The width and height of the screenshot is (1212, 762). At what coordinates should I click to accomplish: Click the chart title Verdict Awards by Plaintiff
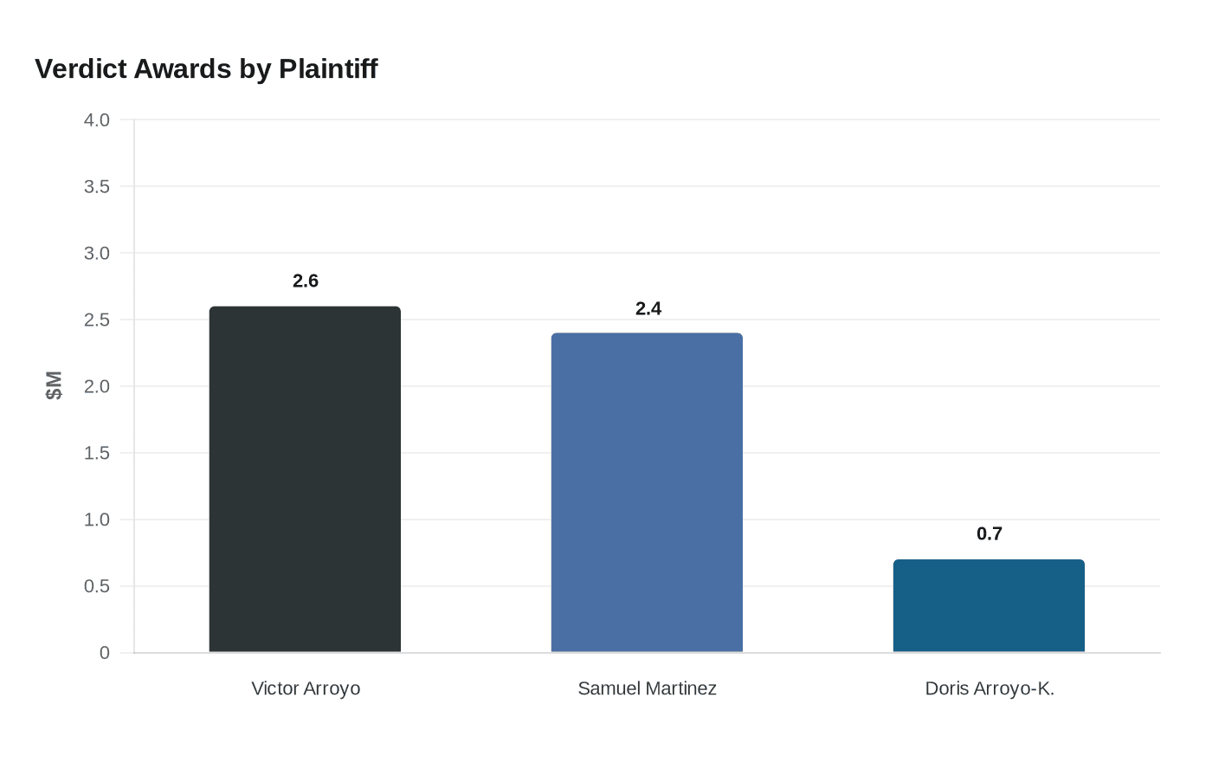click(x=206, y=69)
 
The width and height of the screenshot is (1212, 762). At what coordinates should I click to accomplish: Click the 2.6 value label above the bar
click(x=306, y=281)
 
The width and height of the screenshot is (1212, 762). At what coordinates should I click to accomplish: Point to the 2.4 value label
click(x=648, y=308)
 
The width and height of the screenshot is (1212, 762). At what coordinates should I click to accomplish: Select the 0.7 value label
click(x=990, y=533)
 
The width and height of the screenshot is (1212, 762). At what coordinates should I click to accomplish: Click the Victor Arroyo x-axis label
click(x=306, y=688)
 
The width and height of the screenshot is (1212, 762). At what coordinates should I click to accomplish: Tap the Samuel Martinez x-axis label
click(x=647, y=688)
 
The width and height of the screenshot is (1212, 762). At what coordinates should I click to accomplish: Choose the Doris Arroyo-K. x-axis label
click(x=990, y=688)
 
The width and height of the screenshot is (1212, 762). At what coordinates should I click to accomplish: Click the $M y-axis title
click(x=54, y=385)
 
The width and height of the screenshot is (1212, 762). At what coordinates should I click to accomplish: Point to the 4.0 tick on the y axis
click(x=97, y=119)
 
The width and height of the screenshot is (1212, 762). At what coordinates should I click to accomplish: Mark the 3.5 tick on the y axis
click(x=97, y=186)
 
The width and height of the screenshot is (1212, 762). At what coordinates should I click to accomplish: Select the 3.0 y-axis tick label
click(x=97, y=253)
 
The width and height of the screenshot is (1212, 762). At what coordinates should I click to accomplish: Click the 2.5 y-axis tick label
click(x=97, y=320)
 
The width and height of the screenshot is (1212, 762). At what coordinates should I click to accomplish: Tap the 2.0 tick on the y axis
click(x=97, y=386)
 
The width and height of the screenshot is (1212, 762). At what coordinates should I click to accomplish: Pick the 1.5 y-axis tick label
click(x=97, y=453)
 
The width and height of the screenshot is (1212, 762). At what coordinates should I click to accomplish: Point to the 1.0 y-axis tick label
click(x=97, y=520)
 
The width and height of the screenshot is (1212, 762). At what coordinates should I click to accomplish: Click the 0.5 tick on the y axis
click(x=97, y=586)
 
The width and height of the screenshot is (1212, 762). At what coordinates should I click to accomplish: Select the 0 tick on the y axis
click(x=105, y=653)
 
